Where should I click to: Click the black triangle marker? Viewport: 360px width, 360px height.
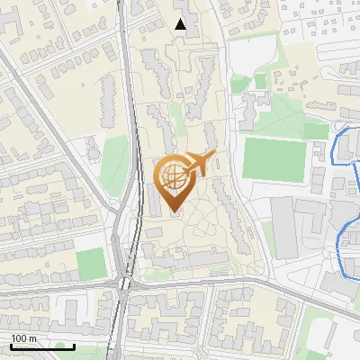[x=181, y=24]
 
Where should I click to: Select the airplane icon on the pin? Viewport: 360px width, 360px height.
[x=199, y=164]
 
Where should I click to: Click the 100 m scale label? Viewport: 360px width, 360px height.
[x=23, y=338]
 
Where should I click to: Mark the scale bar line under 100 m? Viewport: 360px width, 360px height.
[x=42, y=346]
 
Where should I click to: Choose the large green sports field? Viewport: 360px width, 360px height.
[x=274, y=159]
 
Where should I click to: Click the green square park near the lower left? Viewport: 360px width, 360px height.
[x=91, y=264]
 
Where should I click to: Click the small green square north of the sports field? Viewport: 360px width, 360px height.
[x=260, y=81]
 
